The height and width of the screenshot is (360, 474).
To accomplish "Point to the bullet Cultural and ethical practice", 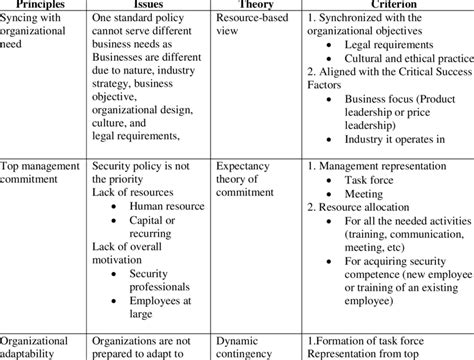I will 406,59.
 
